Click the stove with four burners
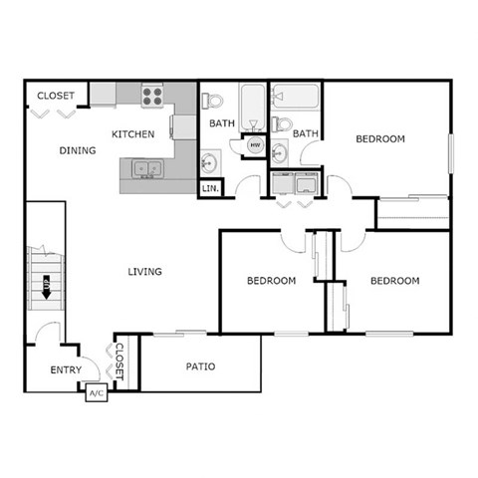[152, 96]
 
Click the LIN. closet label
[211, 187]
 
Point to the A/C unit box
[97, 393]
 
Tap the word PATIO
[201, 366]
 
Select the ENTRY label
[67, 371]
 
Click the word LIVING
[144, 271]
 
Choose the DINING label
[77, 151]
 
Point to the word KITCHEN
[132, 134]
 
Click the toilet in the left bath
[209, 100]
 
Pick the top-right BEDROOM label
[380, 139]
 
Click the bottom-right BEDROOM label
[394, 281]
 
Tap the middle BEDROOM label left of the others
[271, 281]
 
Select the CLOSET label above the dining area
[56, 96]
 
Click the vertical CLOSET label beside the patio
[119, 362]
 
